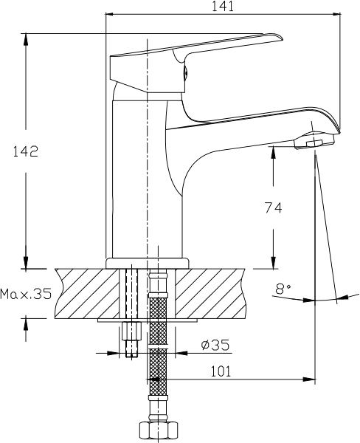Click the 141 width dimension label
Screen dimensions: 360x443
[223, 6]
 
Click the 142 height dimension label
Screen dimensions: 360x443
[25, 151]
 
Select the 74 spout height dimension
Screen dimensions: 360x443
[273, 207]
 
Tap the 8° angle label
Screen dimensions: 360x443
[283, 289]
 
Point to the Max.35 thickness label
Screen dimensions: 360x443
[26, 294]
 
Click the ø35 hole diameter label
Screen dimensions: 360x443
[215, 345]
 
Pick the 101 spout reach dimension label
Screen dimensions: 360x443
[221, 371]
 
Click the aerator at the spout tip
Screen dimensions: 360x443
[314, 141]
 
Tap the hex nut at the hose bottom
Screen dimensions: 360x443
[159, 432]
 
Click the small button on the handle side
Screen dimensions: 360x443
[185, 73]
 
